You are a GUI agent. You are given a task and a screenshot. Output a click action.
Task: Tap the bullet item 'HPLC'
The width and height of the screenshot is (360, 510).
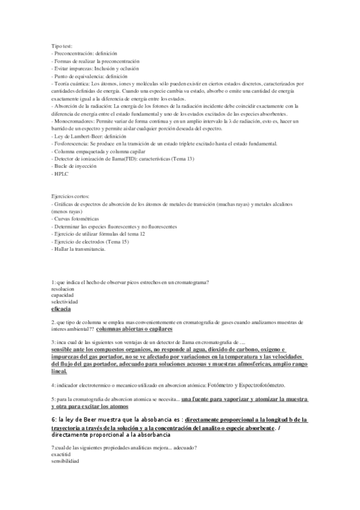(x=61, y=173)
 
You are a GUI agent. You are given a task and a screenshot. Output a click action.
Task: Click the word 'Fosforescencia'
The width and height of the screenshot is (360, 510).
(x=73, y=144)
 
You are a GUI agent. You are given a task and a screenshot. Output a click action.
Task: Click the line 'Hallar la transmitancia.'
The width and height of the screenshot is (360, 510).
(x=79, y=249)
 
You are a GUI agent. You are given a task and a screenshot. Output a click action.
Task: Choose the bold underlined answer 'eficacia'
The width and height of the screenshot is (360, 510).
(x=61, y=309)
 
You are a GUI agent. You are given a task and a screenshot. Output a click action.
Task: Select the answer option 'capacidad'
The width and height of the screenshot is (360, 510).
(x=63, y=295)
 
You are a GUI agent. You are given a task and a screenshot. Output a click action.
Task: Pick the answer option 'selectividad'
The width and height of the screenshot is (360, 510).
(x=65, y=302)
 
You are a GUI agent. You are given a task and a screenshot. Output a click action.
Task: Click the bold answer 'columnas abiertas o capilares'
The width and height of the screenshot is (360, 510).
(x=134, y=330)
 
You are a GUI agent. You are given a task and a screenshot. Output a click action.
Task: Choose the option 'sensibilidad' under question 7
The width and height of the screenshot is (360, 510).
(x=66, y=461)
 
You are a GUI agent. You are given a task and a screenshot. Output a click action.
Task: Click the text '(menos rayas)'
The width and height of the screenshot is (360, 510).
(x=68, y=212)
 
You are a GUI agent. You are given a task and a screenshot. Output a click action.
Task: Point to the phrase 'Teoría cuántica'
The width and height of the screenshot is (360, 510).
(x=72, y=84)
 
